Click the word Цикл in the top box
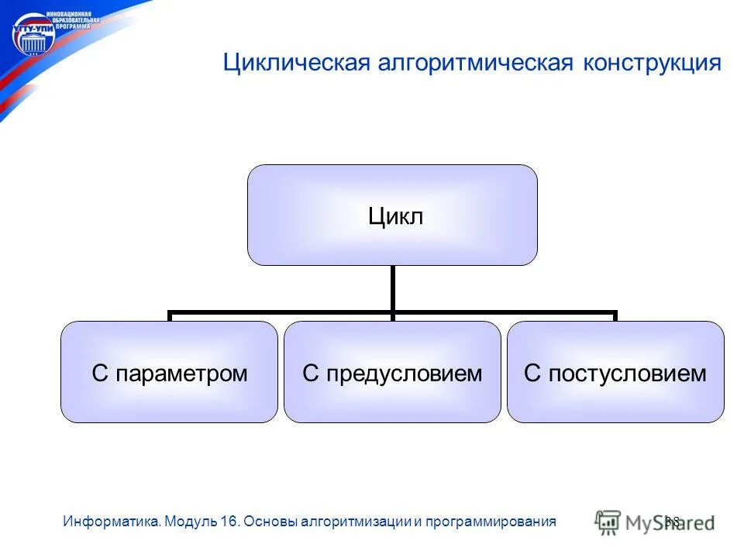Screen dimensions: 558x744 click(x=394, y=216)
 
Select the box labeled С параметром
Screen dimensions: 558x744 click(x=169, y=372)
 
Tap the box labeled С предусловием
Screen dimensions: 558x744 click(x=392, y=372)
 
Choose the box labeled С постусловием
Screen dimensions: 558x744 click(x=615, y=372)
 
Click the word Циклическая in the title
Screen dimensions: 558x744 click(x=294, y=63)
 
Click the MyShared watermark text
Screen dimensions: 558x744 click(x=670, y=522)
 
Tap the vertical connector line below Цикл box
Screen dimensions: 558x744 click(x=393, y=288)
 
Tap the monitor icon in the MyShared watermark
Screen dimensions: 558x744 click(x=608, y=522)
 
